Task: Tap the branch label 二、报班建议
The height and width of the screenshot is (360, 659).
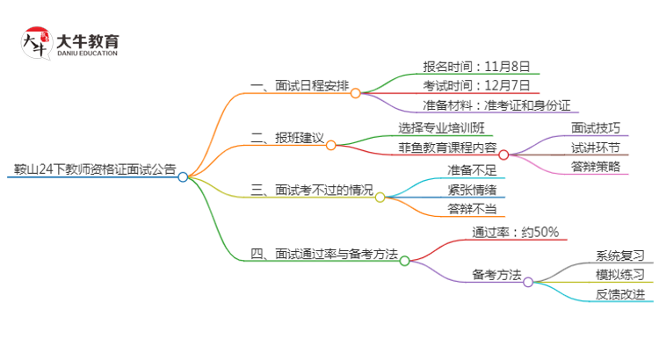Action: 287,139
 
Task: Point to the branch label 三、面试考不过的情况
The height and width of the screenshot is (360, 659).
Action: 311,190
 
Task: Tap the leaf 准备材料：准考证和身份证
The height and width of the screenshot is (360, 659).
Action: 503,106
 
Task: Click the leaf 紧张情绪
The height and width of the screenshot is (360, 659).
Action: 471,190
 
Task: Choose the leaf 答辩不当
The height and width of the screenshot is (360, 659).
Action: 471,209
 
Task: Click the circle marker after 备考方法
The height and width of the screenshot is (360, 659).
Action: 528,282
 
